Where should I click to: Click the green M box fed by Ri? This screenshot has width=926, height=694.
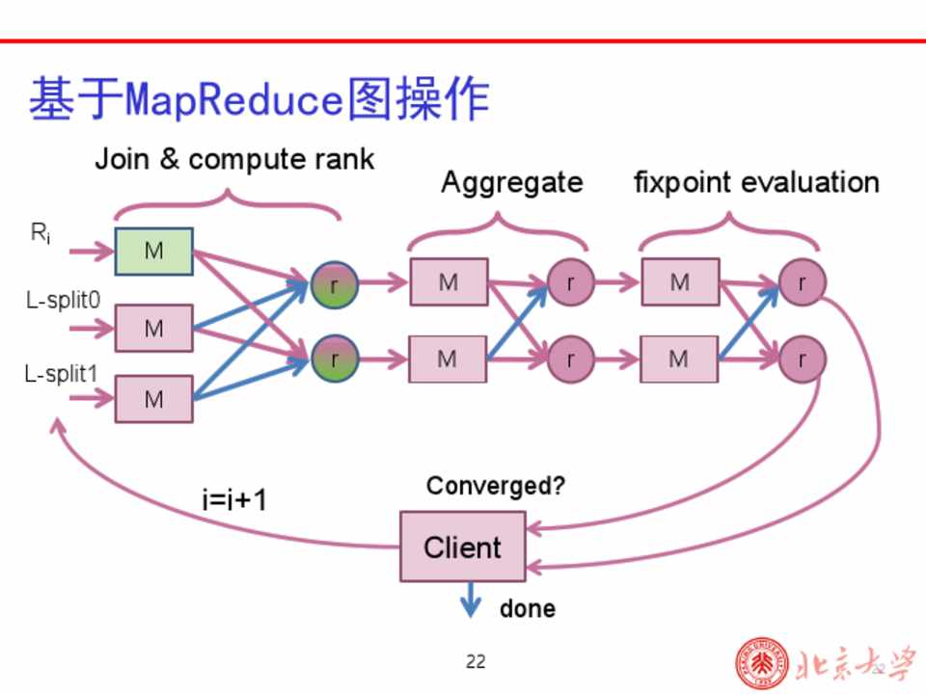154,252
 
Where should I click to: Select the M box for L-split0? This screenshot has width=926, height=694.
154,328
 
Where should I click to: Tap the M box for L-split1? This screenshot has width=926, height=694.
154,399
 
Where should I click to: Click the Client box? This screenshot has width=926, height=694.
463,547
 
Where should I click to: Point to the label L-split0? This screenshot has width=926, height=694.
63,301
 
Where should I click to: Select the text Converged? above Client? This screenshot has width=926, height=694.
496,486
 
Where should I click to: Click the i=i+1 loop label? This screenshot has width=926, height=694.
234,500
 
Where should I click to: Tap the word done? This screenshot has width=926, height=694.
527,608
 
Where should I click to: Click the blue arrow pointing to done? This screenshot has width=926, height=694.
470,601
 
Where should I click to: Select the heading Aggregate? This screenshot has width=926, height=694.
511,182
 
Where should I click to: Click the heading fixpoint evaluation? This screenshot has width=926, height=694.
756,182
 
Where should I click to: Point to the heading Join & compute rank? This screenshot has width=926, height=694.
234,159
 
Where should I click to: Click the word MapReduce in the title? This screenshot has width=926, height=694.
235,100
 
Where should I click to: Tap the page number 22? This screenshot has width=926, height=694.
476,661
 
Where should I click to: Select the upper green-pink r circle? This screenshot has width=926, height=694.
335,284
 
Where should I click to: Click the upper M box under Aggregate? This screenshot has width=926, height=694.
449,282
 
